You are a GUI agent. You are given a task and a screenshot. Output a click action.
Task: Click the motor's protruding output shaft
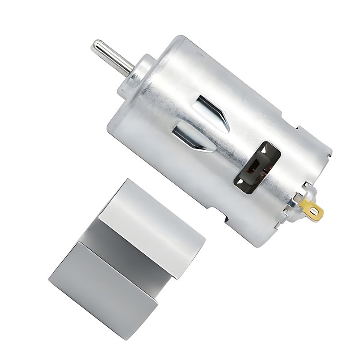pos(112,58)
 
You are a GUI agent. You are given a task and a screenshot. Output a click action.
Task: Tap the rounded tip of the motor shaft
pos(95,45)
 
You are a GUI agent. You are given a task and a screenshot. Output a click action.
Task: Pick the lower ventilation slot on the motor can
pos(189,137)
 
